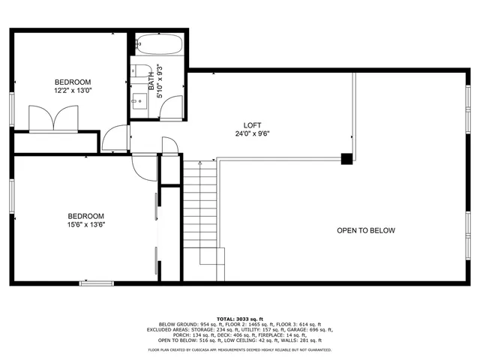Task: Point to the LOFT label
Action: [x=252, y=125]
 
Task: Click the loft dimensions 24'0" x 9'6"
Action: [x=252, y=134]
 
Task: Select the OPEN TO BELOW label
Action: [x=365, y=230]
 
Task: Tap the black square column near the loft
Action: [x=346, y=158]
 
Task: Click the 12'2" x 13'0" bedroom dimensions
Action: [x=73, y=90]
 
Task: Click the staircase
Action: [x=200, y=214]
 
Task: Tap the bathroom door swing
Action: [x=172, y=109]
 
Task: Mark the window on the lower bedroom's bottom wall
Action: [x=96, y=283]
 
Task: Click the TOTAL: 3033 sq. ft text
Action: [x=240, y=318]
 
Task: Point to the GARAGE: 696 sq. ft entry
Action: [x=316, y=329]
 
